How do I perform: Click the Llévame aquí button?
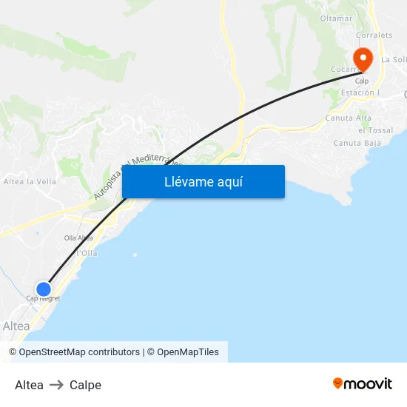pos(203,182)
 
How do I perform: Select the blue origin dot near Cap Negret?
pos(44,289)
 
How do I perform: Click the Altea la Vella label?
pos(30,181)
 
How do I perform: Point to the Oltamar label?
pos(336,18)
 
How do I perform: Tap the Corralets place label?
pos(374,35)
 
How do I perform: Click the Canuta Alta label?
pos(349,118)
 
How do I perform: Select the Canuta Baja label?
pos(357,143)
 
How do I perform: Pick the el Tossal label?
pos(375,130)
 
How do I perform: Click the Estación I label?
pos(360,93)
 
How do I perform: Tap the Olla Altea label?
pos(78,238)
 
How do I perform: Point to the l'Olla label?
pos(88,253)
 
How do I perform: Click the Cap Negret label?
pos(43,299)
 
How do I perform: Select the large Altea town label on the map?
pos(16,326)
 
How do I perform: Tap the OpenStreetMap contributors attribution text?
pos(79,352)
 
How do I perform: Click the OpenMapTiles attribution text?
pos(187,352)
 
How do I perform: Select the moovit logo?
pos(363,383)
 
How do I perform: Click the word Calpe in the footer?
pos(85,385)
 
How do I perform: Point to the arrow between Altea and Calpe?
pos(56,385)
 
